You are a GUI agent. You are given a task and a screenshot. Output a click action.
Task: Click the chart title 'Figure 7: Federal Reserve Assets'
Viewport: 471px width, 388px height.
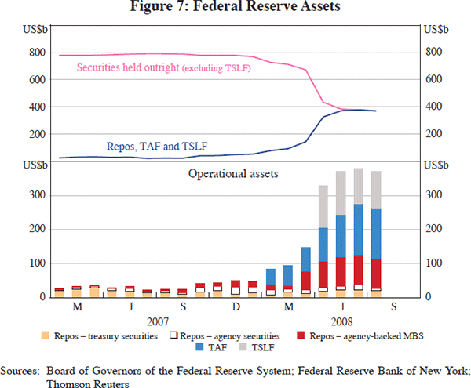point(235,9)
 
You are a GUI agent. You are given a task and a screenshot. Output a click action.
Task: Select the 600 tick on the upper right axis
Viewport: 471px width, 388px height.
point(433,79)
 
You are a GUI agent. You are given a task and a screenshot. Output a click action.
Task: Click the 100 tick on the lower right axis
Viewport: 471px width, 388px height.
point(433,263)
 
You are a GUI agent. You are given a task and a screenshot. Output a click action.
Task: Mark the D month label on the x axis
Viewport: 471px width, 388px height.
point(235,307)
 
